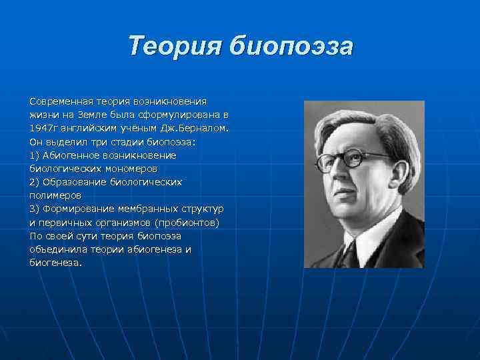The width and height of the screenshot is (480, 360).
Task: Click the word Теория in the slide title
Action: pos(175,47)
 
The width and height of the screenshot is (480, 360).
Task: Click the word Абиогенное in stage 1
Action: pos(70,155)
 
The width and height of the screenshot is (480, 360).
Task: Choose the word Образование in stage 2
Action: pos(73,182)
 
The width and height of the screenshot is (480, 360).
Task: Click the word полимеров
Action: pos(55,195)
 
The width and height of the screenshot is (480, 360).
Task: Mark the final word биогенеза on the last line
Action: pos(55,263)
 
